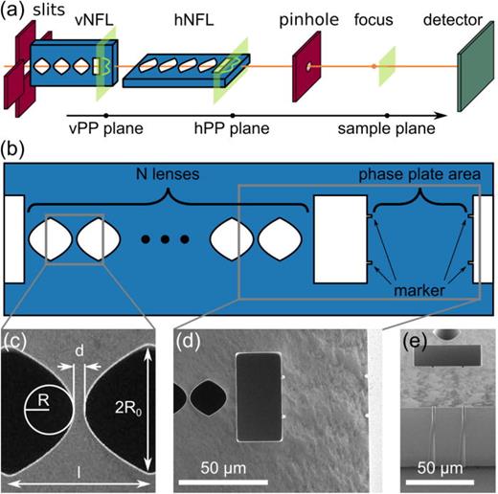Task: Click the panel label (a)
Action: click(x=11, y=11)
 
